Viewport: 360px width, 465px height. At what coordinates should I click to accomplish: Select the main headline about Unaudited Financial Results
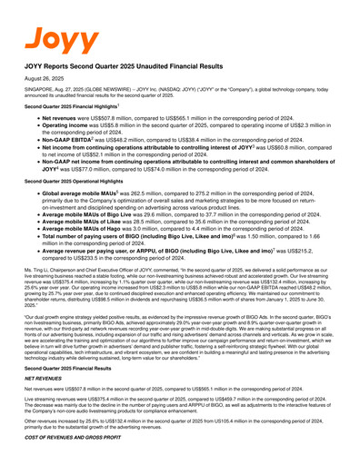pos(127,67)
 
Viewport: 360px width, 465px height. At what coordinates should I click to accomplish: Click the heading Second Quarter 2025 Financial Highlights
pos(73,108)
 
